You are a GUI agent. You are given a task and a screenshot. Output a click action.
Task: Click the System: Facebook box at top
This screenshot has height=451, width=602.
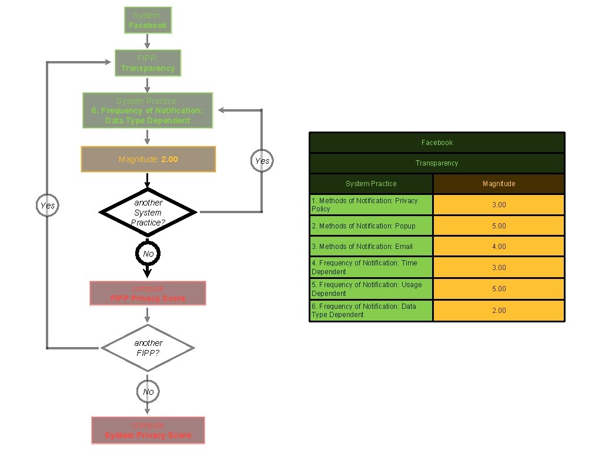148,21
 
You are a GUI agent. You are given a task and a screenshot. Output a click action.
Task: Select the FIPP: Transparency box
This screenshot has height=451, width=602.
148,63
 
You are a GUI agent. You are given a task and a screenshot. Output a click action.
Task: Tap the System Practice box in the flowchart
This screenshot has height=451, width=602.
148,110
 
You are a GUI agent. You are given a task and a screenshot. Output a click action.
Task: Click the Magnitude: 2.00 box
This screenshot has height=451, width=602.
148,159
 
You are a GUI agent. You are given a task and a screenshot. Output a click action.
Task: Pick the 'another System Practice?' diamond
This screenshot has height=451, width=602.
148,212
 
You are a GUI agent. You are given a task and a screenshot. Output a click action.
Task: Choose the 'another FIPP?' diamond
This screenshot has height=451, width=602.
148,348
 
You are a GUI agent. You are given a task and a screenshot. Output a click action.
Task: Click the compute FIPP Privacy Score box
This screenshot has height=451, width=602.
148,294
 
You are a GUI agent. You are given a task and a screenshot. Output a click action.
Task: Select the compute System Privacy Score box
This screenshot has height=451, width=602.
148,430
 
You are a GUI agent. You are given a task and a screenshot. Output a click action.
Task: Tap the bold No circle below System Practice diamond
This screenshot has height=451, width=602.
148,254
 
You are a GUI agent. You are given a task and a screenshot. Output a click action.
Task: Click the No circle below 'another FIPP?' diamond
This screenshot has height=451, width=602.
148,392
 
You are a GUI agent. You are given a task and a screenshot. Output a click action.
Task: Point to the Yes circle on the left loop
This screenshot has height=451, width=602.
48,206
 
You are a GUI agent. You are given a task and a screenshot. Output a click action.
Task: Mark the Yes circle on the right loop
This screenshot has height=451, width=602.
262,161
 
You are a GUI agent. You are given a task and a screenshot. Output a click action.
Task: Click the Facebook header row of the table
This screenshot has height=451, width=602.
437,143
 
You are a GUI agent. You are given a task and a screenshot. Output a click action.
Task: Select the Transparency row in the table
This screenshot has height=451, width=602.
437,163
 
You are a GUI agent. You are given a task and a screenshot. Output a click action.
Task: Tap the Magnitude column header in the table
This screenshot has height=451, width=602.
499,184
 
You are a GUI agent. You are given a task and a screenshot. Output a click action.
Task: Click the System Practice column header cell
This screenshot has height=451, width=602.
371,184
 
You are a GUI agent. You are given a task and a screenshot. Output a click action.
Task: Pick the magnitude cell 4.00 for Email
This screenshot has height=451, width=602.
499,247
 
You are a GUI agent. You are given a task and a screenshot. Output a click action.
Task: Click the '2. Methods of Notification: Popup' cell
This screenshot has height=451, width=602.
371,226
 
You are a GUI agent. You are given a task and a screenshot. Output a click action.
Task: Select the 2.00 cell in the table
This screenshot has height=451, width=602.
499,311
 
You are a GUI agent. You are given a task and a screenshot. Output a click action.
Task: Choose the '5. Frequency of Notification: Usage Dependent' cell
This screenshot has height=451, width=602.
371,289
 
